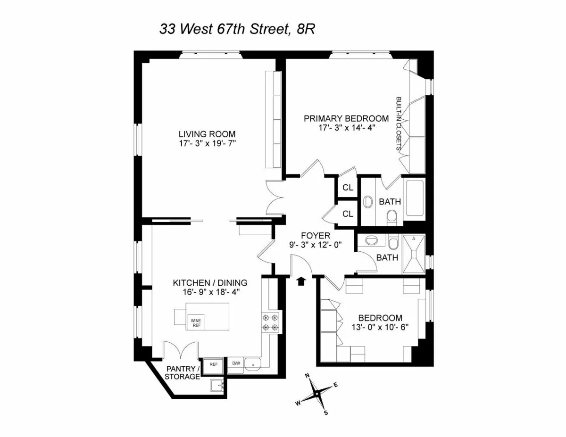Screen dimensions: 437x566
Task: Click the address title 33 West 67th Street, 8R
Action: [237, 30]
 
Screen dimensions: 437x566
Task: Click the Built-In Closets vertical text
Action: [399, 124]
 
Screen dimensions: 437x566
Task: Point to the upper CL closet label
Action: [348, 188]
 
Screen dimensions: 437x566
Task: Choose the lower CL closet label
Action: [348, 214]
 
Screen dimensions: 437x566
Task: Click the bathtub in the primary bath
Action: [415, 198]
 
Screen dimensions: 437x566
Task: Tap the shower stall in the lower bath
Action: [414, 254]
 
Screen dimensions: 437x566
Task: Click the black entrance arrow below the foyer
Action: [300, 281]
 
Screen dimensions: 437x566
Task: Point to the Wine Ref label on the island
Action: [196, 323]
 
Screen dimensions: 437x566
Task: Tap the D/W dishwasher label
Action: [236, 363]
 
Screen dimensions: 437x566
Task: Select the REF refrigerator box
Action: [214, 364]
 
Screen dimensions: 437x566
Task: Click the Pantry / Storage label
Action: [182, 372]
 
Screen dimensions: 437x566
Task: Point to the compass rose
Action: [317, 392]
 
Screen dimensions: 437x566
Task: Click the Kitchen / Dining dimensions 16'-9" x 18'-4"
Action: [210, 291]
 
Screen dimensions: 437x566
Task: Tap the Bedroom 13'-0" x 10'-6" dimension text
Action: [380, 327]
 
